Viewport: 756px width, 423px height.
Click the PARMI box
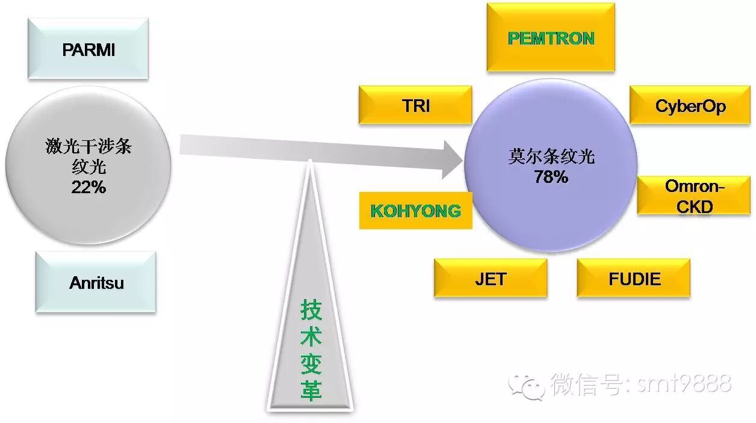(88, 49)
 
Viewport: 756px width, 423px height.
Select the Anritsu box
(96, 282)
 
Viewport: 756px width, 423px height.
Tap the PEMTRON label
(551, 38)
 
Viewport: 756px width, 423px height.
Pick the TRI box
(415, 105)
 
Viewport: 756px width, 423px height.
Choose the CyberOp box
(690, 106)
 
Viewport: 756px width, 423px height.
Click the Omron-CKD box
(695, 196)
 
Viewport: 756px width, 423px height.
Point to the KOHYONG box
(415, 211)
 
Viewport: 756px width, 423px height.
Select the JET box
(491, 279)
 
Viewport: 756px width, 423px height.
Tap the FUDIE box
(634, 279)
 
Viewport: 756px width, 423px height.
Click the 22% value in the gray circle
(88, 187)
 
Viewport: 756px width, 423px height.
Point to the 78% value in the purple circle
(551, 177)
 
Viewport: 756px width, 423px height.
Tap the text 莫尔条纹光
(551, 156)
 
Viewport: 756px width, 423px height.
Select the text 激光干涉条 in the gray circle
(88, 146)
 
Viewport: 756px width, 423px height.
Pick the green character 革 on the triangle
(311, 391)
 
